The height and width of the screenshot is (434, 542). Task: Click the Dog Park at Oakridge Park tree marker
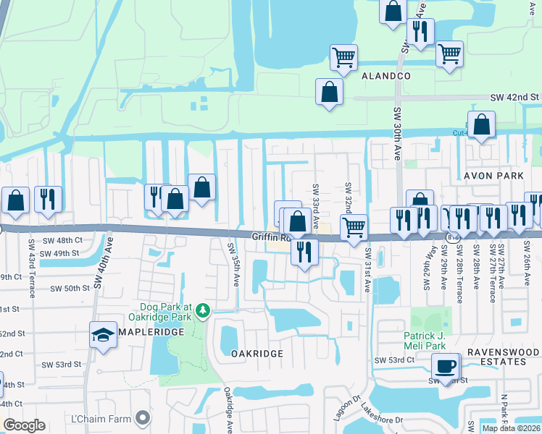tap(204, 310)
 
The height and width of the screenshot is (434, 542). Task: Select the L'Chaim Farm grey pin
tap(144, 417)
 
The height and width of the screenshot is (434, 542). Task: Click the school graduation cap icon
tap(104, 334)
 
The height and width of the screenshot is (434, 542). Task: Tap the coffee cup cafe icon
tap(447, 365)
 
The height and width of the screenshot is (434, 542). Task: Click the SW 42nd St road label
tap(515, 97)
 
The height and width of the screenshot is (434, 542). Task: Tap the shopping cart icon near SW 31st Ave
tap(354, 227)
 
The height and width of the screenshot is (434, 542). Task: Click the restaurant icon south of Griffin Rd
tap(304, 252)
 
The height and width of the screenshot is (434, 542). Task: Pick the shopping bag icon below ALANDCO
tap(329, 92)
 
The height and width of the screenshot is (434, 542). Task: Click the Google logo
tap(24, 425)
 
